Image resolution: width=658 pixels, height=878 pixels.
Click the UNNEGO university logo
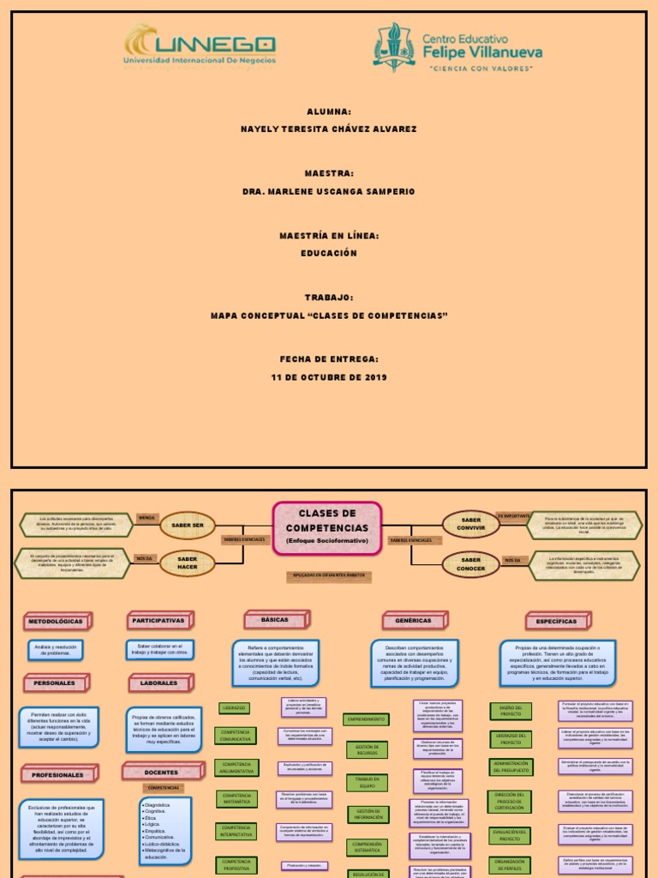coord(199,46)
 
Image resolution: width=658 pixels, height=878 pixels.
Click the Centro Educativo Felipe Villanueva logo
coord(458,47)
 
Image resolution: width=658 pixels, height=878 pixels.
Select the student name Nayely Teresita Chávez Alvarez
coord(329,129)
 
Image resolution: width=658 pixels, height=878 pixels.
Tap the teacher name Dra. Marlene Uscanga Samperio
coord(329,191)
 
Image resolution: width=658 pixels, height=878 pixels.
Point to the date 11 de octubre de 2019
coord(329,377)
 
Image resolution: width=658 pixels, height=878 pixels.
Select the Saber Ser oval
coord(188,525)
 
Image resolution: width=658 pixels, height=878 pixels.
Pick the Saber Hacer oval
coord(188,563)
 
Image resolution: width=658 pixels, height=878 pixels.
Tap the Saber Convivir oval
coord(470,525)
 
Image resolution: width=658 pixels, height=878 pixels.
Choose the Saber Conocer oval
coord(470,564)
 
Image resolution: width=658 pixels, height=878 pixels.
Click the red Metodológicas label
coord(57,621)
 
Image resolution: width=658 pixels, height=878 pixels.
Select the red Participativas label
coord(159,620)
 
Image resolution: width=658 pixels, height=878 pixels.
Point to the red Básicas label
coord(275,619)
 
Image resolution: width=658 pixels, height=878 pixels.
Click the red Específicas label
coord(557,621)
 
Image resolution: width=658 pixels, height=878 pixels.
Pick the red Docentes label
coord(161,773)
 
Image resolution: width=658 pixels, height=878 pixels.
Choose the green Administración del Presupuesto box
coord(511,767)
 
